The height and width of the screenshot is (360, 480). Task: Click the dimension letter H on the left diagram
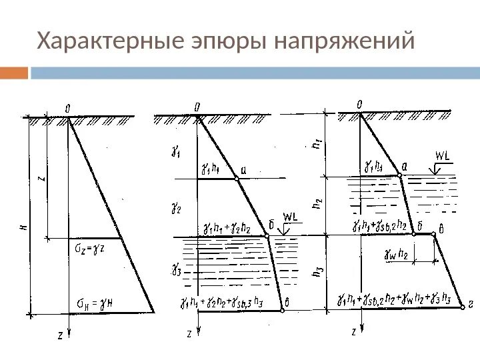click(x=23, y=227)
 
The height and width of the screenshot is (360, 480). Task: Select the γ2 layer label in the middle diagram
click(x=176, y=209)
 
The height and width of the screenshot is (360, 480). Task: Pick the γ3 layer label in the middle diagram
click(x=175, y=269)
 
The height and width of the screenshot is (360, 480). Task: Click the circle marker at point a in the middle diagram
click(x=237, y=179)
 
